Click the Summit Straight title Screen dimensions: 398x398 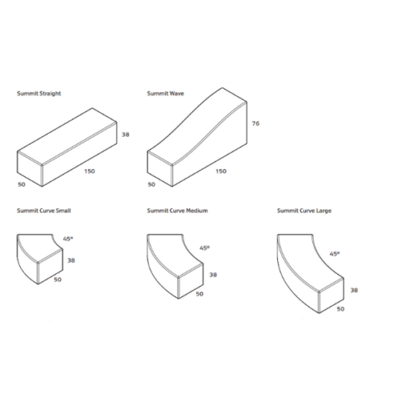point(39,94)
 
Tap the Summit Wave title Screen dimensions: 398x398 point(165,94)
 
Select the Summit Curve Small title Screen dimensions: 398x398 point(44,211)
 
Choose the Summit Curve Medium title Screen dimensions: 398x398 point(177,211)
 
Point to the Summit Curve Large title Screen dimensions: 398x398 point(304,211)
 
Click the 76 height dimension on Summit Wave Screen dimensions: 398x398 point(256,123)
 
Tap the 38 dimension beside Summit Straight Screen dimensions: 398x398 point(126,134)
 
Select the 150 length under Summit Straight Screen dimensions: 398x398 point(90,172)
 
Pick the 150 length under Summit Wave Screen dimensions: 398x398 point(221,172)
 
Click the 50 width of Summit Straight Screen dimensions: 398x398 point(21,184)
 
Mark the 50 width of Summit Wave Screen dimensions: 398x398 point(152,184)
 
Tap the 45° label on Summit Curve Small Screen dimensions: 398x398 point(68,239)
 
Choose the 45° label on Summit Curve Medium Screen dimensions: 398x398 point(204,248)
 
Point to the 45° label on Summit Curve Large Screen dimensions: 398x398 point(334,254)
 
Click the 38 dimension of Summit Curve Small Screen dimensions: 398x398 point(71,261)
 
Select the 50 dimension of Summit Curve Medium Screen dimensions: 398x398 point(199,294)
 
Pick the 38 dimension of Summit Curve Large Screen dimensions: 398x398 point(354,290)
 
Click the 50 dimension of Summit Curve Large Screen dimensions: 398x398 point(341,309)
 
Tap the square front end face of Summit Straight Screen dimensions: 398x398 point(29,168)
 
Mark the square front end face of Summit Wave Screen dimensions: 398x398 point(160,168)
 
